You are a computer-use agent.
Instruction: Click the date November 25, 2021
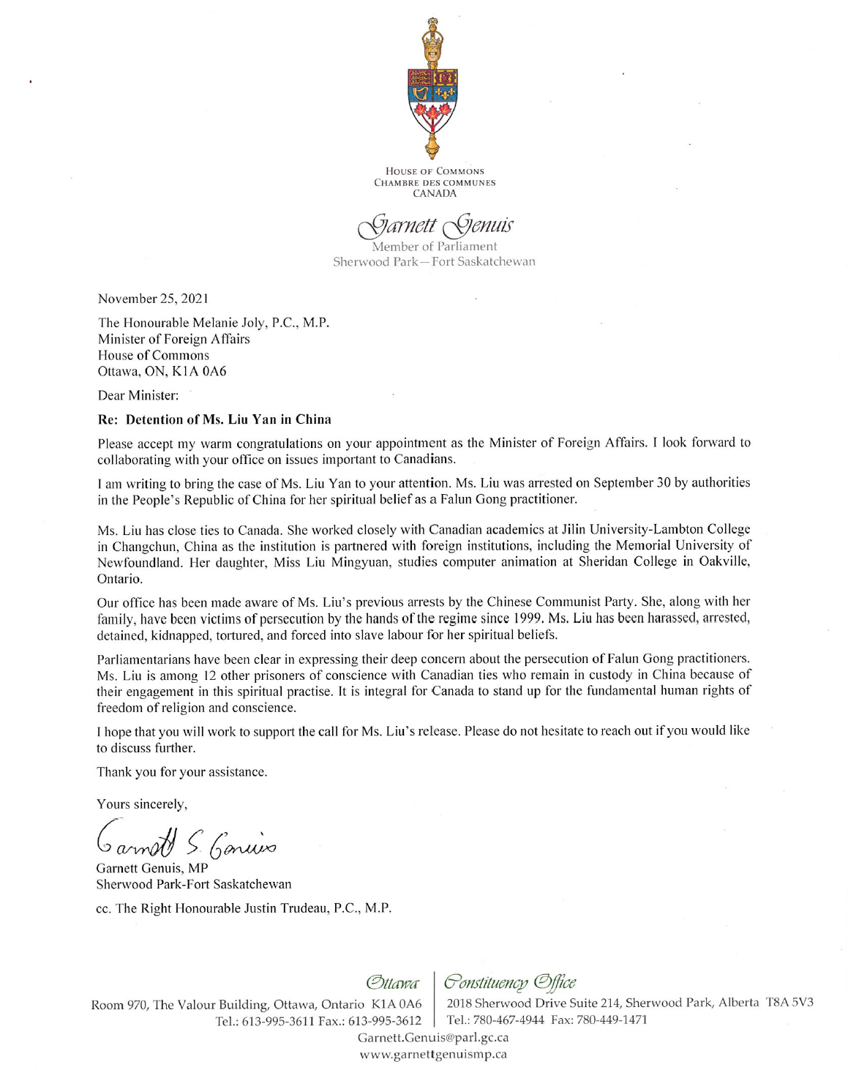[153, 298]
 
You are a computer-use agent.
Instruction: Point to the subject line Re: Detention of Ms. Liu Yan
[214, 419]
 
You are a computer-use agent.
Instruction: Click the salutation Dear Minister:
[138, 395]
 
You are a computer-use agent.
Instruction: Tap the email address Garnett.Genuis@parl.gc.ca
[432, 1038]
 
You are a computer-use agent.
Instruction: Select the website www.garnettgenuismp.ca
[433, 1055]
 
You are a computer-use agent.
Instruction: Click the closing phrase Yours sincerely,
[142, 804]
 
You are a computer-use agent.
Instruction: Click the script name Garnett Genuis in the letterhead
[435, 225]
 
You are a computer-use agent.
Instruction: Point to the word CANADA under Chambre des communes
[435, 194]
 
